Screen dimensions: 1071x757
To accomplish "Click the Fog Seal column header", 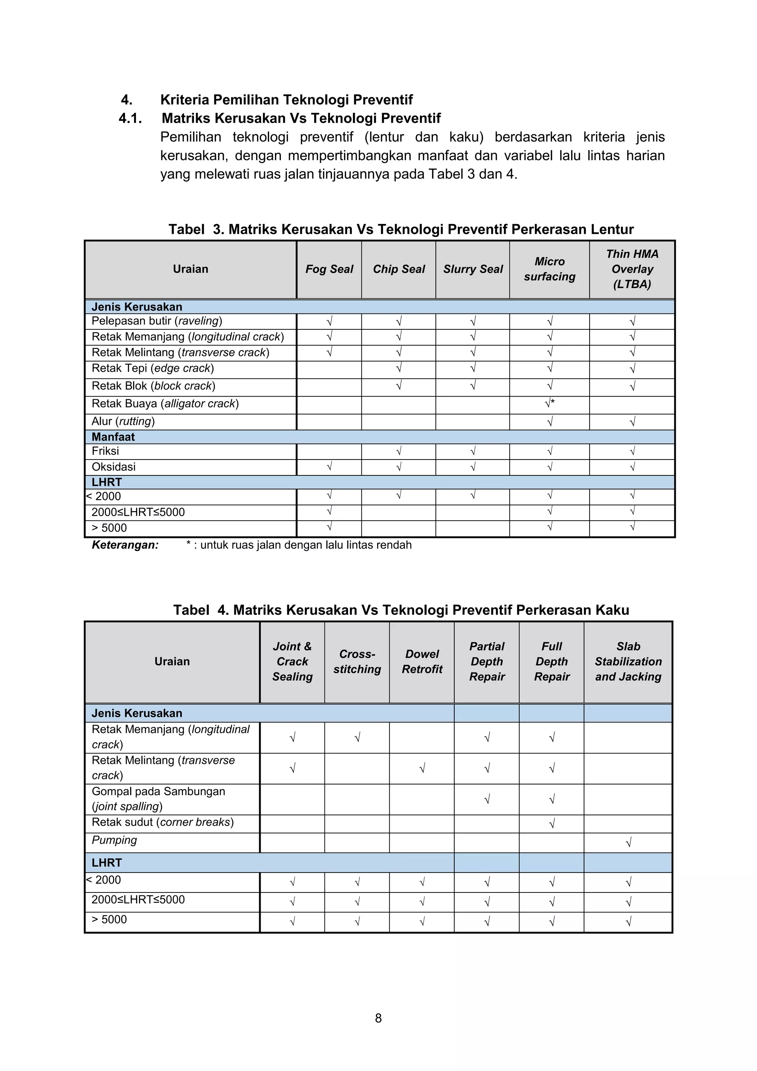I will click(x=329, y=269).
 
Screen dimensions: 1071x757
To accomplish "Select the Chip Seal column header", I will click(x=399, y=269).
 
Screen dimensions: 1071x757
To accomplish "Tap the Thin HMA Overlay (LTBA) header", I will click(x=632, y=269).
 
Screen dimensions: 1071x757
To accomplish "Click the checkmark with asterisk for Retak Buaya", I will click(x=549, y=403).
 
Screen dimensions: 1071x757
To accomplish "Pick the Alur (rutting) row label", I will click(x=123, y=421).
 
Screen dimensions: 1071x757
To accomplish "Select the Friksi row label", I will click(x=105, y=451).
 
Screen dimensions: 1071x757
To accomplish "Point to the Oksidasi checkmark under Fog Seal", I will click(x=329, y=467).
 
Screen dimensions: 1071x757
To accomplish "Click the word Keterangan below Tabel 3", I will click(x=125, y=545).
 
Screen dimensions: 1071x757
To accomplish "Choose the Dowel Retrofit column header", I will click(x=422, y=661).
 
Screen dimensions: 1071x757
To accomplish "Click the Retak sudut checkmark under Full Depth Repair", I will click(x=552, y=823).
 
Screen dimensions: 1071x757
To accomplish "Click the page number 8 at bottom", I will click(x=378, y=1018).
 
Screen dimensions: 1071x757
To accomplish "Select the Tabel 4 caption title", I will click(x=401, y=610).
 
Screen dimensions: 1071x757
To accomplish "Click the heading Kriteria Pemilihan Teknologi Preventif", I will click(x=286, y=100).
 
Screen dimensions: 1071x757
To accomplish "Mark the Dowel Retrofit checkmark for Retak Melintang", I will click(x=422, y=768).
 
